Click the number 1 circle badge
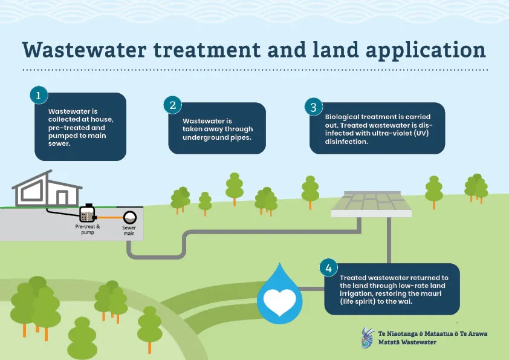tap(39, 95)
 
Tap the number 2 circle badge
tap(172, 105)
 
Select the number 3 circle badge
tap(313, 107)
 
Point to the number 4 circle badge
tap(328, 267)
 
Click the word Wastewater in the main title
tap(84, 50)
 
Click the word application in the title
tap(426, 50)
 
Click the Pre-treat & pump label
tap(88, 229)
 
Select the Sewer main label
tap(129, 231)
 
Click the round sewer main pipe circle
tap(129, 217)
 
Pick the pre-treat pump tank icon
tap(87, 213)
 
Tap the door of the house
tap(62, 197)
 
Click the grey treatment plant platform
tap(371, 204)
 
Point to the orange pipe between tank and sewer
tap(109, 217)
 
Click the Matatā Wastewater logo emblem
tap(368, 338)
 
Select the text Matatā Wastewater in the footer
tap(407, 342)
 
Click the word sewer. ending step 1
tap(59, 143)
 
